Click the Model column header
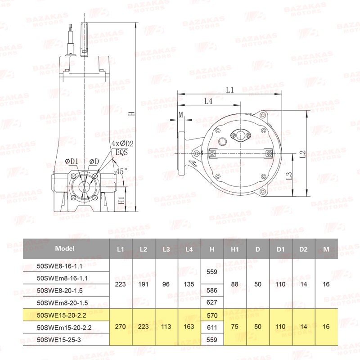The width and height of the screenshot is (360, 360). pyautogui.click(x=65, y=248)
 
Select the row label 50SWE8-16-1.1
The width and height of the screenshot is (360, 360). pyautogui.click(x=59, y=266)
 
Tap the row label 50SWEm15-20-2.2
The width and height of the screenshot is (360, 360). pyautogui.click(x=64, y=328)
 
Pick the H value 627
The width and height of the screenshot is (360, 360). pyautogui.click(x=211, y=302)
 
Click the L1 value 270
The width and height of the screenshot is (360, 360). pyautogui.click(x=120, y=326)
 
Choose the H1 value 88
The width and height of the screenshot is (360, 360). pyautogui.click(x=234, y=284)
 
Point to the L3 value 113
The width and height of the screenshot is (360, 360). pyautogui.click(x=166, y=326)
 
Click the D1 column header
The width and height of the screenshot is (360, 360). pyautogui.click(x=280, y=249)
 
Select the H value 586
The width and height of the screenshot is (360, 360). pyautogui.click(x=211, y=290)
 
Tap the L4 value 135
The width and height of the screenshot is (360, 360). pyautogui.click(x=189, y=284)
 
